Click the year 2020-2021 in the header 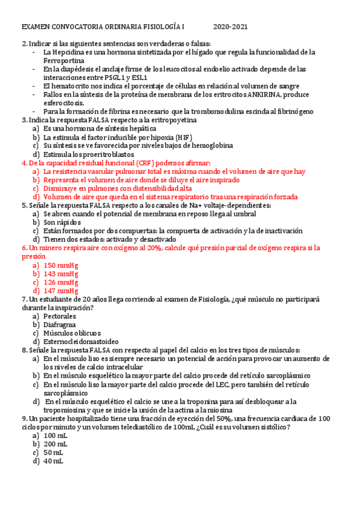[x=230, y=27]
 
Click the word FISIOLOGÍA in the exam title [x=163, y=27]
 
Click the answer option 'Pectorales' [x=59, y=316]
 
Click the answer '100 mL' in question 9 [x=56, y=435]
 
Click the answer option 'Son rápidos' [x=61, y=222]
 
